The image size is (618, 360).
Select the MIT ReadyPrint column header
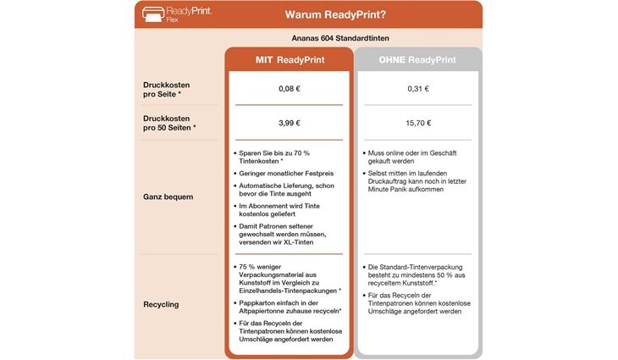289,60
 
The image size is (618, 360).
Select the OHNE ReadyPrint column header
417,60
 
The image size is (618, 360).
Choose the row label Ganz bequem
168,197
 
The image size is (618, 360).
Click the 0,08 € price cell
289,88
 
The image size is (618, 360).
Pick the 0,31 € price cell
417,88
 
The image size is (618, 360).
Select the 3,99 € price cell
289,123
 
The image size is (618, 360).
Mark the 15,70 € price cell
417,123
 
